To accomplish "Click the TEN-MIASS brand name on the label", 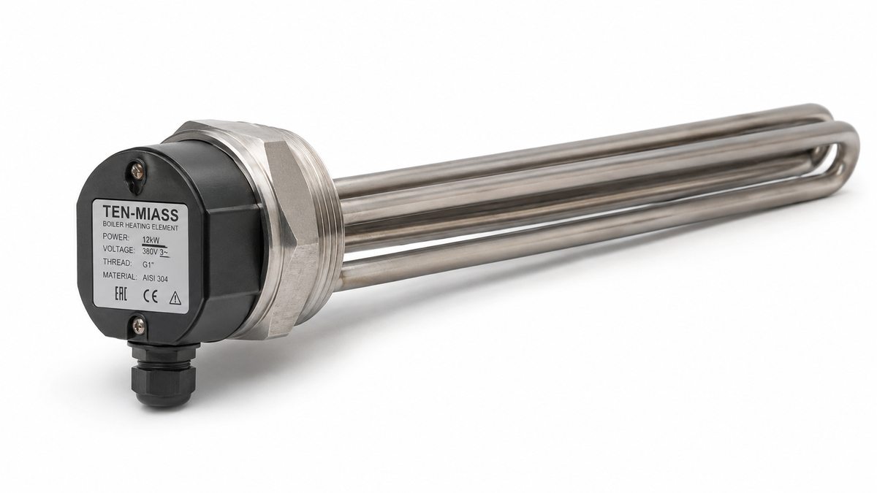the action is [141, 213].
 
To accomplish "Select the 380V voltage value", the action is [151, 251].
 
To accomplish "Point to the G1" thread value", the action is [148, 265].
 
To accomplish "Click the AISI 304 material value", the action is [155, 278].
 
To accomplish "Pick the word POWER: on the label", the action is [116, 237].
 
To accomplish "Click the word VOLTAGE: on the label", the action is [118, 249].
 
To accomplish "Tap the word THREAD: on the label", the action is [118, 262].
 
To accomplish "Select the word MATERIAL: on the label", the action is [120, 275].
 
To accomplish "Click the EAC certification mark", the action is [121, 294].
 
